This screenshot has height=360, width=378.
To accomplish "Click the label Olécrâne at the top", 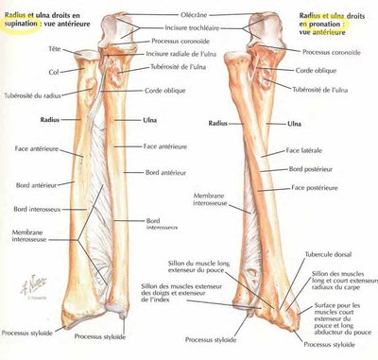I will pos(188,16).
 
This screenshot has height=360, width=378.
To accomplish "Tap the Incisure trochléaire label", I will pos(189,29).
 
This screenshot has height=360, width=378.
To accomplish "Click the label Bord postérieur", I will pos(311,169).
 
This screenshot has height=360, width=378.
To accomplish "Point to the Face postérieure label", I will pos(311,187).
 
